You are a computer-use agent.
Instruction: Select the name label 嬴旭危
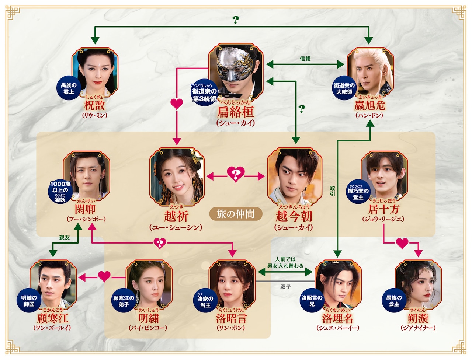pyautogui.click(x=369, y=105)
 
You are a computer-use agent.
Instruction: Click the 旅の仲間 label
pyautogui.click(x=235, y=214)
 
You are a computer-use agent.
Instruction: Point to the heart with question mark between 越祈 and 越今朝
pyautogui.click(x=236, y=174)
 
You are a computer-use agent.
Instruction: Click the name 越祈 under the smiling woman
pyautogui.click(x=176, y=216)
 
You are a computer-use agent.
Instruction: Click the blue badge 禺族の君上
pyautogui.click(x=69, y=88)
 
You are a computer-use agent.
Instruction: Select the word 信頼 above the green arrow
pyautogui.click(x=305, y=59)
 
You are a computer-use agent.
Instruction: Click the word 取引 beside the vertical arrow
pyautogui.click(x=332, y=191)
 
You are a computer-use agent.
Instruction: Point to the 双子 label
pyautogui.click(x=285, y=287)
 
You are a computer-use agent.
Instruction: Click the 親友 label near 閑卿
pyautogui.click(x=64, y=238)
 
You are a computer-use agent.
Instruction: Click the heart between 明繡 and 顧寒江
pyautogui.click(x=104, y=276)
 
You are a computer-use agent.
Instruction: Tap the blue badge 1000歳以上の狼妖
pyautogui.click(x=60, y=191)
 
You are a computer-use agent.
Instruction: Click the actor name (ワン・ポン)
pyautogui.click(x=231, y=328)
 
